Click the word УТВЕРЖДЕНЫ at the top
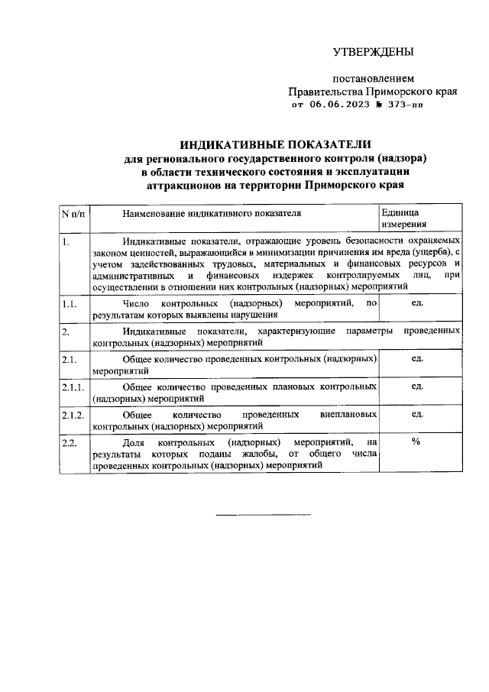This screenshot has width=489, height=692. point(373,53)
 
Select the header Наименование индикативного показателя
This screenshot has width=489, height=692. point(212,213)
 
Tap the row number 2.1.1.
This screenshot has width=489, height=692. point(73,386)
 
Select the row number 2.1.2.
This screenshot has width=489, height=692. point(73,414)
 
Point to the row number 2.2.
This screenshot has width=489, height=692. point(70,442)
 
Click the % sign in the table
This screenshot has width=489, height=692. point(416,442)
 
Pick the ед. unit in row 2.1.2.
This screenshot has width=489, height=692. point(417,414)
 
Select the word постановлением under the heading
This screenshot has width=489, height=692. point(373,79)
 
